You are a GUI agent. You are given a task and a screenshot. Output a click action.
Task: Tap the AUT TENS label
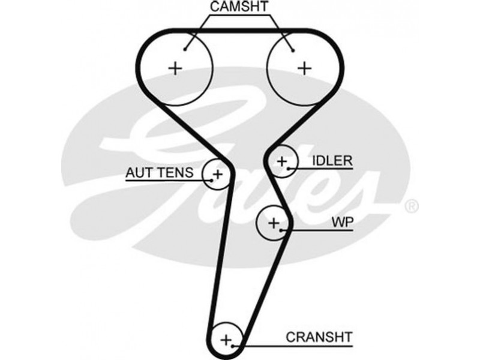coord(159,173)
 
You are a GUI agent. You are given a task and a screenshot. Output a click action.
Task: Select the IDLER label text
coord(332,161)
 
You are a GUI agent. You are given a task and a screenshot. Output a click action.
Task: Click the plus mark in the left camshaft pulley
coord(175,68)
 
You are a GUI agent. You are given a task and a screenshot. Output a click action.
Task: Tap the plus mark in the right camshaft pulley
coord(305,68)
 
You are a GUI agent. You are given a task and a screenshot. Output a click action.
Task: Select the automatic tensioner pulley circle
coord(216,174)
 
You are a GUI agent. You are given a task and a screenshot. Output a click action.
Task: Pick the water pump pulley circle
coord(273,224)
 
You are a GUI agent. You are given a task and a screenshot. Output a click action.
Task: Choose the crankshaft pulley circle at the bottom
coord(227,340)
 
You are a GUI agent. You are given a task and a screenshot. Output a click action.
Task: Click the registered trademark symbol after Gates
coord(411,206)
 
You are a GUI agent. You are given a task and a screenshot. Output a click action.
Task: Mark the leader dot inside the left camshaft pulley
coord(187,49)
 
